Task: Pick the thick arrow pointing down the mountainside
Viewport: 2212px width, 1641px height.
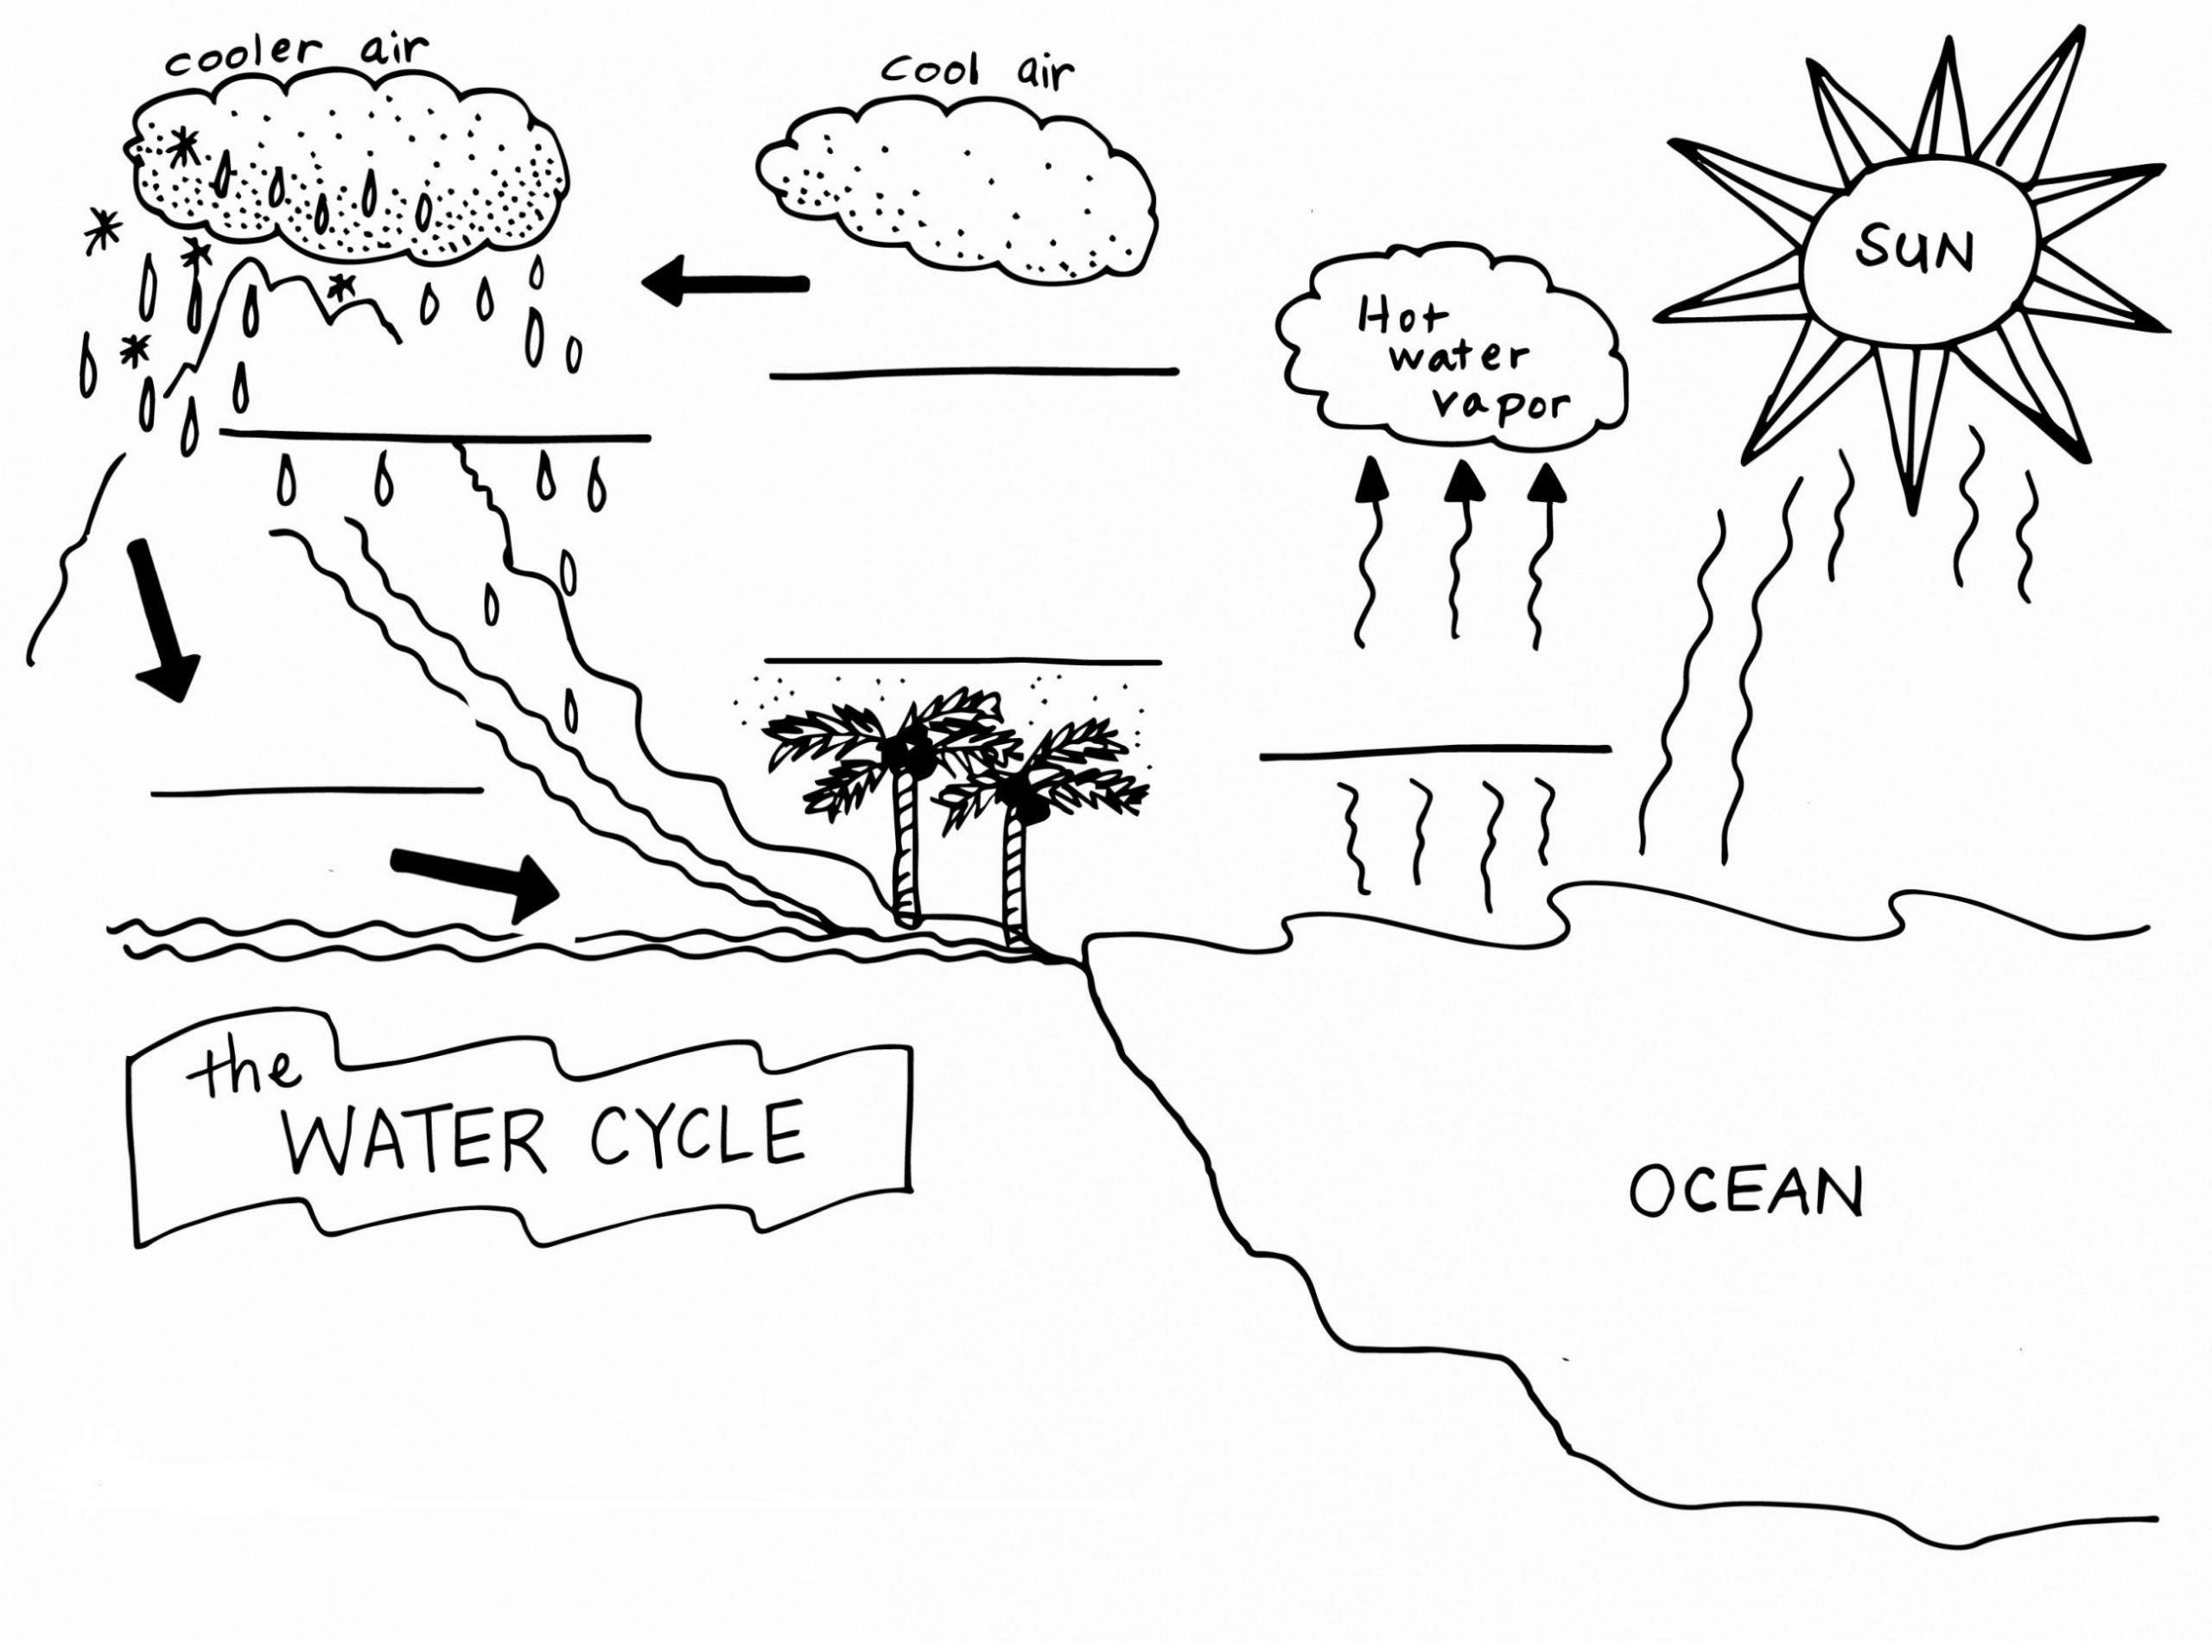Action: [164, 620]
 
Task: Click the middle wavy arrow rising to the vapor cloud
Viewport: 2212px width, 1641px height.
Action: [1457, 551]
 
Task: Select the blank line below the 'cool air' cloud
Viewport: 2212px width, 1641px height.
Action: [975, 372]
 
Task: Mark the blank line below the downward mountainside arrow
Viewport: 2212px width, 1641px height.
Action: [316, 791]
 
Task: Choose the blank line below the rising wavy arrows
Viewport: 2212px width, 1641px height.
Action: [1434, 751]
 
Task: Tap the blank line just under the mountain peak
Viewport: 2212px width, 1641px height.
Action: [435, 435]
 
